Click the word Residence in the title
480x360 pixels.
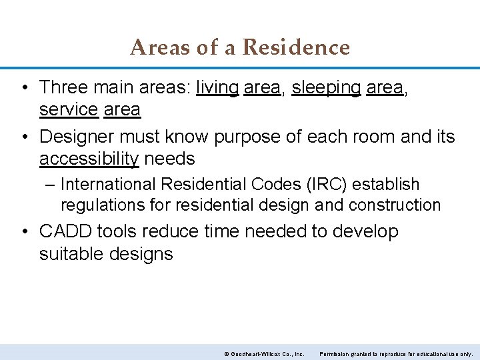[x=296, y=47]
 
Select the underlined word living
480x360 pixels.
[x=217, y=87]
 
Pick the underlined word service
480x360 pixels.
[x=69, y=109]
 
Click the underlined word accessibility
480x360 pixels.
[x=89, y=159]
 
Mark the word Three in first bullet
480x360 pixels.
[x=63, y=87]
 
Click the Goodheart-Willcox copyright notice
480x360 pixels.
[x=264, y=353]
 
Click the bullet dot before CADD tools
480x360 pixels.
[x=24, y=232]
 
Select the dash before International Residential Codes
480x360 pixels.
[x=51, y=185]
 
